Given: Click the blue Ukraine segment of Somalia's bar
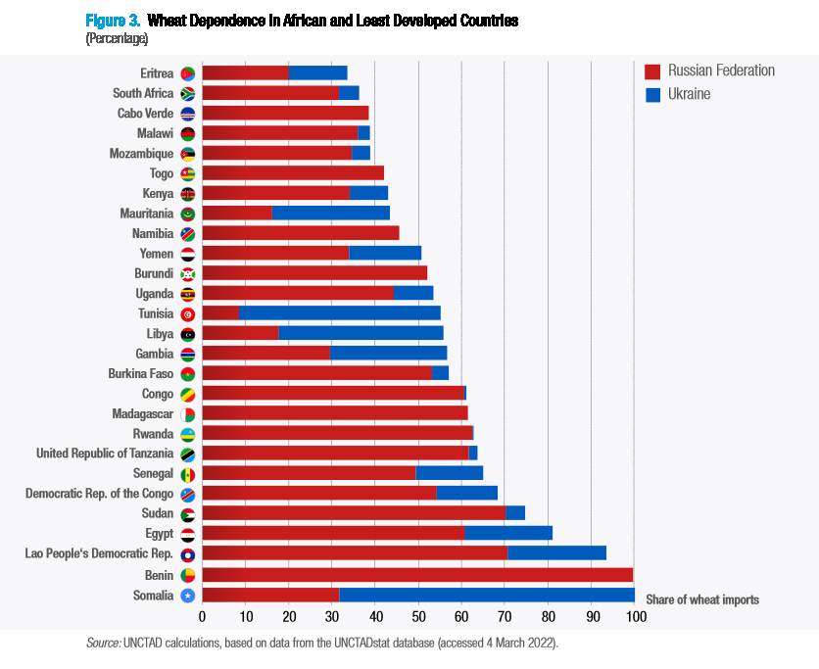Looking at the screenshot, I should coord(487,595).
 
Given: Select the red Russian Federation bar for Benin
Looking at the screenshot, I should coord(417,575).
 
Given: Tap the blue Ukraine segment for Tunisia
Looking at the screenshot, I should coord(339,313).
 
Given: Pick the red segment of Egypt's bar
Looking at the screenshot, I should coord(333,534).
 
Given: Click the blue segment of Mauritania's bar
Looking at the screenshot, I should coord(330,213).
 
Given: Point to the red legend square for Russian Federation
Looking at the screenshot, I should coord(653,72).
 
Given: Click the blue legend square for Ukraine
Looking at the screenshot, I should coord(653,95).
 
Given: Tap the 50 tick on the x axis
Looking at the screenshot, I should coord(418,617).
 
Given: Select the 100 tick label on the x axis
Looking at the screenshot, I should coord(635,617).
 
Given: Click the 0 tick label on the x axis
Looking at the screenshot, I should coord(202,617).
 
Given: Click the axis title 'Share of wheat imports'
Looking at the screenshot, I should coord(701,599).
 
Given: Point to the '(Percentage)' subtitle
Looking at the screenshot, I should coord(117,38).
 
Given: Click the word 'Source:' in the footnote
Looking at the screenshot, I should coord(104,643).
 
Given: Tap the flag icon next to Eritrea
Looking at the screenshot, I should coord(188,73).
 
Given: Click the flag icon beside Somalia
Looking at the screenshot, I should coord(188,596).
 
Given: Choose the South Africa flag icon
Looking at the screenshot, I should coord(188,94).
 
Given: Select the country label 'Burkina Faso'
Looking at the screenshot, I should coord(140,374).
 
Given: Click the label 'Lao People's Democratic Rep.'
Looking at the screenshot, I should coord(99,554).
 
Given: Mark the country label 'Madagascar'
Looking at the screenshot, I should coord(142,414).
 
